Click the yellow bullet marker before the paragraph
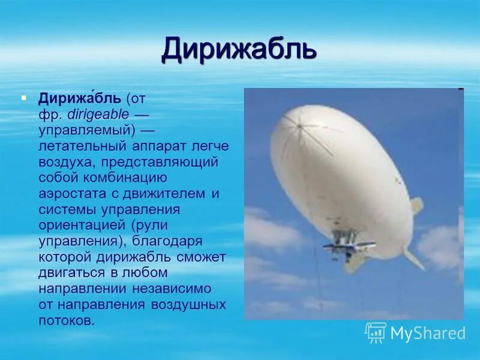tap(24, 96)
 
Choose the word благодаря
tap(170, 241)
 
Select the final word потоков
tap(67, 320)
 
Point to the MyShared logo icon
tap(376, 332)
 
